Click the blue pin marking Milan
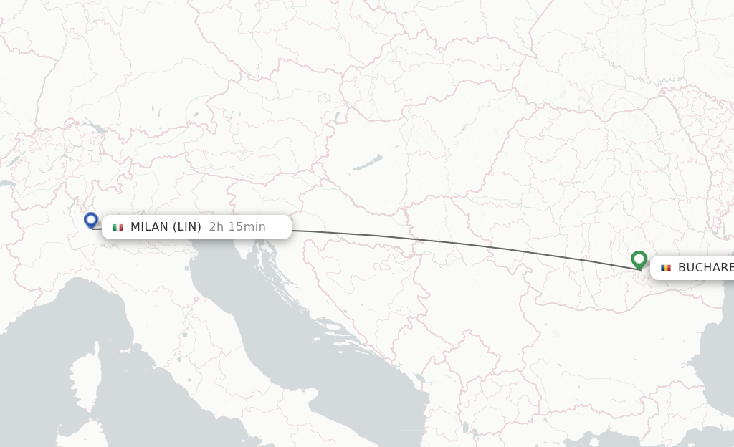91,220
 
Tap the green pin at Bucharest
639,259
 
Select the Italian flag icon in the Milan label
118,227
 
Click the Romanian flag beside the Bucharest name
666,268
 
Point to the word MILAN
149,227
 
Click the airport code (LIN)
188,227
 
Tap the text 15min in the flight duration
244,227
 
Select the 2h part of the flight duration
215,227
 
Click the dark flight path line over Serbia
459,242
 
